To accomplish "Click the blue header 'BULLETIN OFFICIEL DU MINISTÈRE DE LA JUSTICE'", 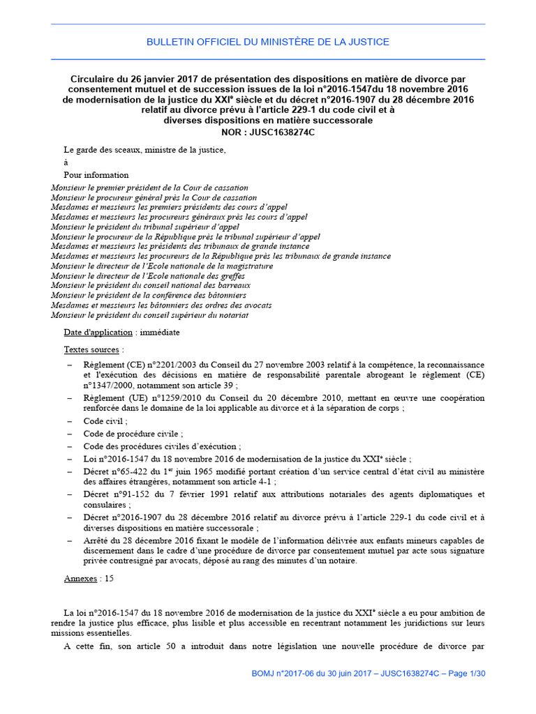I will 268,42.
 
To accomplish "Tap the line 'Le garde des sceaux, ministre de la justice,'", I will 144,149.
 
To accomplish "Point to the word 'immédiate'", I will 160,332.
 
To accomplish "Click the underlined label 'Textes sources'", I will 91,349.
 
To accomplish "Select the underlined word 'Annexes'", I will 80,579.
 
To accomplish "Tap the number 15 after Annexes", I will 109,579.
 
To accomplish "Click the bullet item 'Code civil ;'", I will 105,421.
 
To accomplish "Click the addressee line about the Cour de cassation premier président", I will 149,188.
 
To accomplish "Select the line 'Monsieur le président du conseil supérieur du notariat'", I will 149,314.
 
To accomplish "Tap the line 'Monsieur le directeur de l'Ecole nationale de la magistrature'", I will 162,266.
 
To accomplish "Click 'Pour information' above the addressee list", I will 96,175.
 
